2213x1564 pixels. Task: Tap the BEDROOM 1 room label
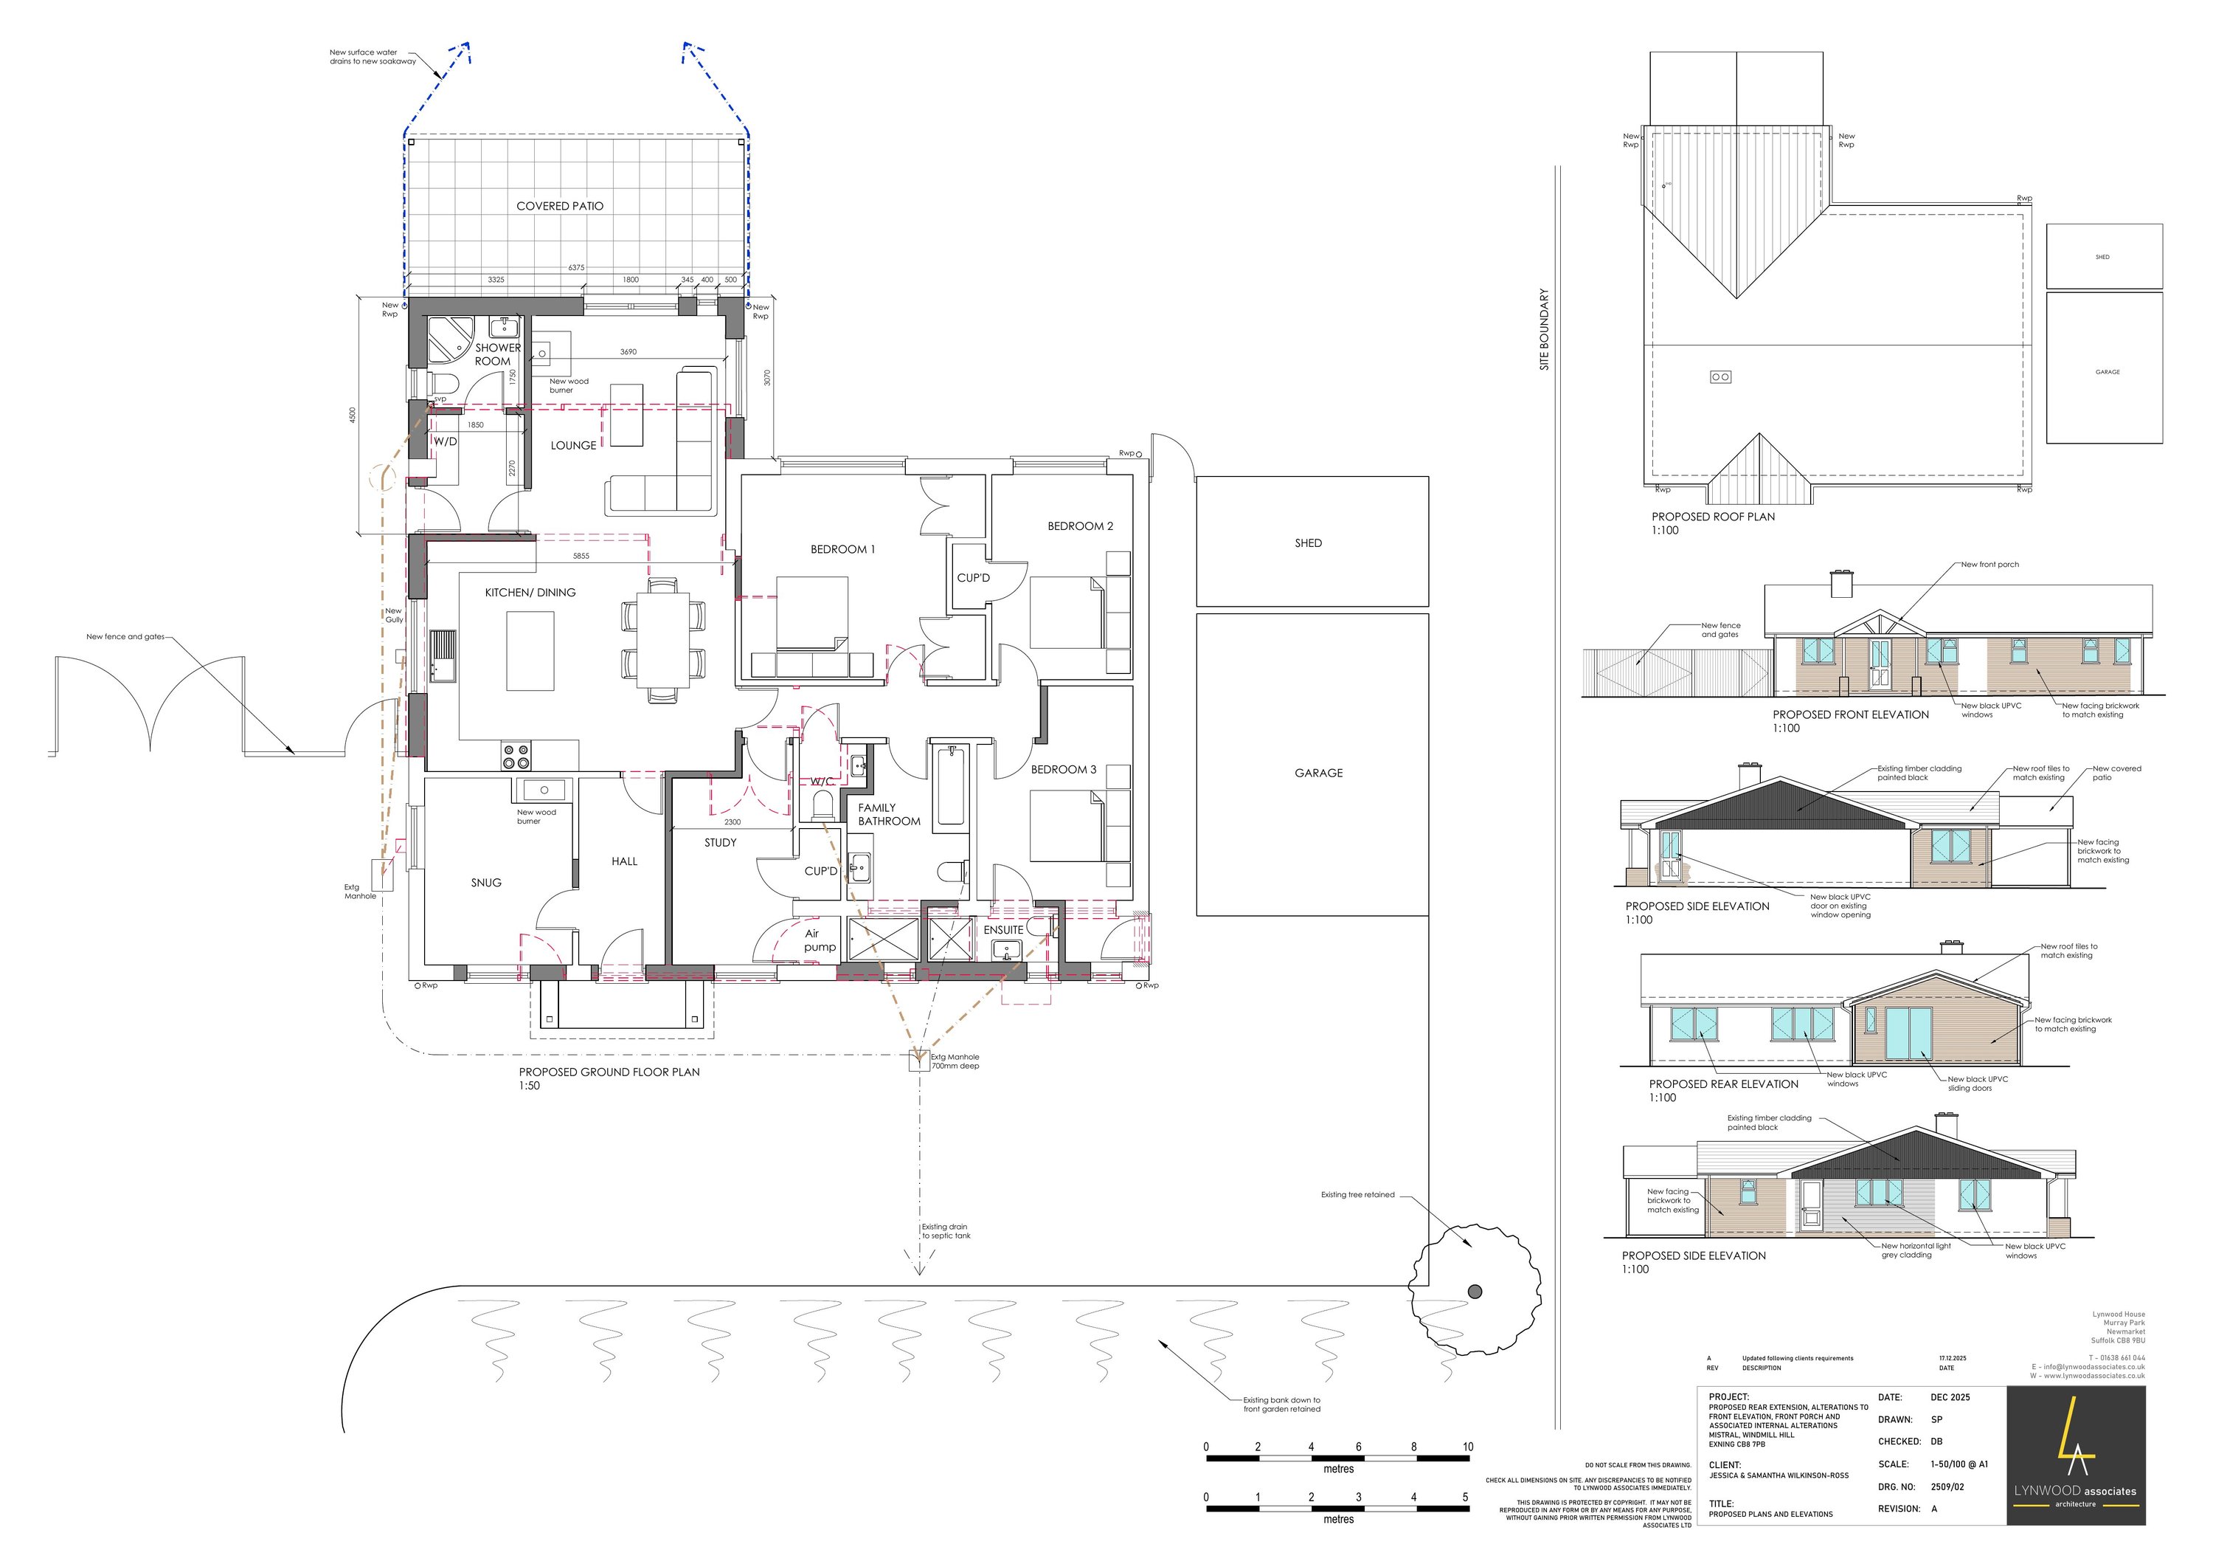pos(842,550)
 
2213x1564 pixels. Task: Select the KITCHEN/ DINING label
pos(530,593)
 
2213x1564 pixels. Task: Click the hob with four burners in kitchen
pos(516,756)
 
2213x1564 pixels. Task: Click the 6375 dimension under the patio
pos(575,267)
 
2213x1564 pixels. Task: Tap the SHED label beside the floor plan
pos(1308,544)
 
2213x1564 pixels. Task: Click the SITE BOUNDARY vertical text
pos(1544,330)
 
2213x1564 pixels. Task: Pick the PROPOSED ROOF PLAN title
pos(1713,517)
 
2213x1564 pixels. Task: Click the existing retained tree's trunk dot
pos(1475,1291)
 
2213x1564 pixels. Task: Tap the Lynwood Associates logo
pos(2075,1456)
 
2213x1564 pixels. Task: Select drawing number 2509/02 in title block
pos(1947,1487)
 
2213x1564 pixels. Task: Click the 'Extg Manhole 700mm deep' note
pos(955,1061)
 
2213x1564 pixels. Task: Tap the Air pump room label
pos(820,940)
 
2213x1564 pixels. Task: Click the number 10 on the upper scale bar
pos(1467,1447)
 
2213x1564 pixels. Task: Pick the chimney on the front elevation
pos(1841,585)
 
